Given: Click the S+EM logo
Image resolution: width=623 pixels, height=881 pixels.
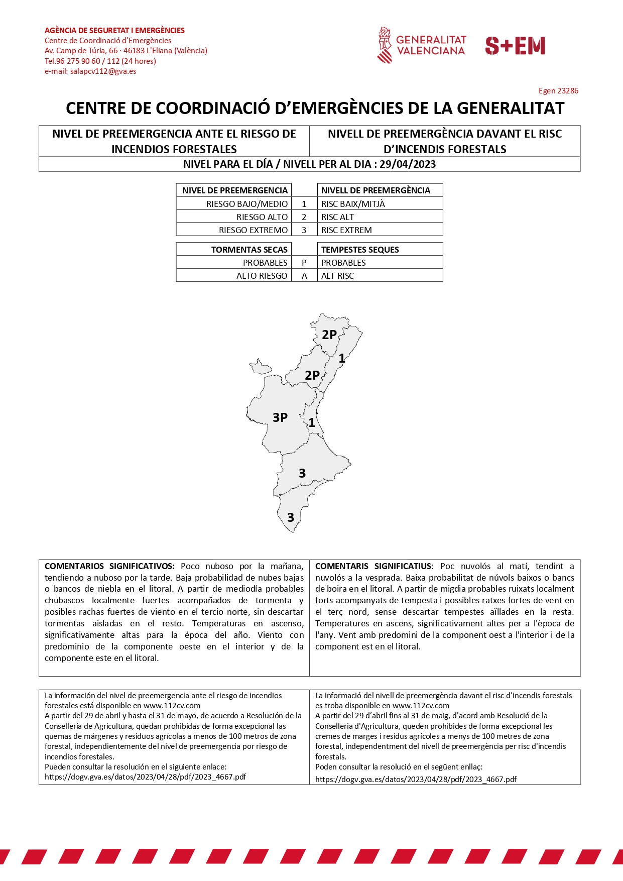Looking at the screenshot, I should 515,46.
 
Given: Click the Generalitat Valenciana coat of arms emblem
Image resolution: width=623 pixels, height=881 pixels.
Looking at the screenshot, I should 385,45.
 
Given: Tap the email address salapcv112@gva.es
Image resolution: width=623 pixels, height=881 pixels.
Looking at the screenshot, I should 103,71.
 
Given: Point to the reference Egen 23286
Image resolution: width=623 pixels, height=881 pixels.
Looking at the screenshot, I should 558,91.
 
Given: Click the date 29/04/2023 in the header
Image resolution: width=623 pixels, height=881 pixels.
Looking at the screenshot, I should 408,164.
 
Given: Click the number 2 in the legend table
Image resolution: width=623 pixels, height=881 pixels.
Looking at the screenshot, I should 304,217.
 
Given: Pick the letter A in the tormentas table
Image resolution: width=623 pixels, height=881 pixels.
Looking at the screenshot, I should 304,276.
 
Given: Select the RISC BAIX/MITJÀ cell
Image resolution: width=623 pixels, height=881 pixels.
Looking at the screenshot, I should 353,204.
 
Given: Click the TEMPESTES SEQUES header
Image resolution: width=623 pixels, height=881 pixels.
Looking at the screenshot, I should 360,250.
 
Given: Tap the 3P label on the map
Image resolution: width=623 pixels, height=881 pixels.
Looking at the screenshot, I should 280,417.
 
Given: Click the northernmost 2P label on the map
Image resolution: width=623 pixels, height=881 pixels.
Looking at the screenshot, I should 329,335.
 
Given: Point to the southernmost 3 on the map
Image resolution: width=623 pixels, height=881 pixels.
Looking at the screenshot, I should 291,517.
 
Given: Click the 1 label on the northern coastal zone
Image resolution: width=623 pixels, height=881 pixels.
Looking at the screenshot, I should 342,359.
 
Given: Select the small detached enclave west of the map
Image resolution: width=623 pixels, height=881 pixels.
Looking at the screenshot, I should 260,367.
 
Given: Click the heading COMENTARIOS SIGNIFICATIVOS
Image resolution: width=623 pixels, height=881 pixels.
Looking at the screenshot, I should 109,566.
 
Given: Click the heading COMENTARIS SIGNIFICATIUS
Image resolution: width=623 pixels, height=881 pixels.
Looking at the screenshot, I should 373,566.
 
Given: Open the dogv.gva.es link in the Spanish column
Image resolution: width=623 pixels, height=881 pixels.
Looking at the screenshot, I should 145,777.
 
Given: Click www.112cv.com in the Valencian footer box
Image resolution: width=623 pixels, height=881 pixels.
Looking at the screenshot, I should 421,706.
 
